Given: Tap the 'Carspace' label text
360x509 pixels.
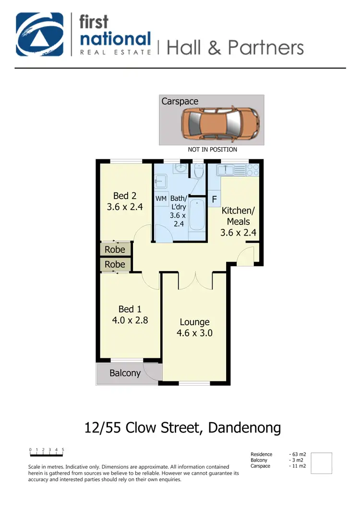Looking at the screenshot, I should tap(180, 101).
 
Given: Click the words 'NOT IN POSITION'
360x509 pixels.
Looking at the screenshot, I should tap(212, 150).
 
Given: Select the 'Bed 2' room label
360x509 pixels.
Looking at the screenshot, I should tap(125, 196).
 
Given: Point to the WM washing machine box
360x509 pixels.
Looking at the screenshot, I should tap(161, 198).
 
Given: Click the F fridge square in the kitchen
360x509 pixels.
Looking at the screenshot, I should tap(214, 199).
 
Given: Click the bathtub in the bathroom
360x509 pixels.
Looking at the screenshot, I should tap(197, 216).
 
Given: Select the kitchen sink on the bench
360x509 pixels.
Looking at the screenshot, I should tap(225, 169).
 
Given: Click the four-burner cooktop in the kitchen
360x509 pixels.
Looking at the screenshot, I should tap(252, 169).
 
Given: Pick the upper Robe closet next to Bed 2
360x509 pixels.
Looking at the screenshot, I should tap(115, 249).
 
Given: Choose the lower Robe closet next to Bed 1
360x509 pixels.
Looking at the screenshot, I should tap(115, 264).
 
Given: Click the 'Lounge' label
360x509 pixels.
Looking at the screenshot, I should tap(194, 322).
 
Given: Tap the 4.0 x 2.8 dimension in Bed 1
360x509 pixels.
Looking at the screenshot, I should tap(130, 320).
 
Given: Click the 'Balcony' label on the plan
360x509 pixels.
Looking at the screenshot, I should tap(125, 373).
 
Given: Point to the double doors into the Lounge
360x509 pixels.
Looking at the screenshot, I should tap(195, 281).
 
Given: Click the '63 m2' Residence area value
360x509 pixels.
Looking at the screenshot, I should tap(299, 454).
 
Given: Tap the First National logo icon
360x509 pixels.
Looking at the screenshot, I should tap(40, 35).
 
